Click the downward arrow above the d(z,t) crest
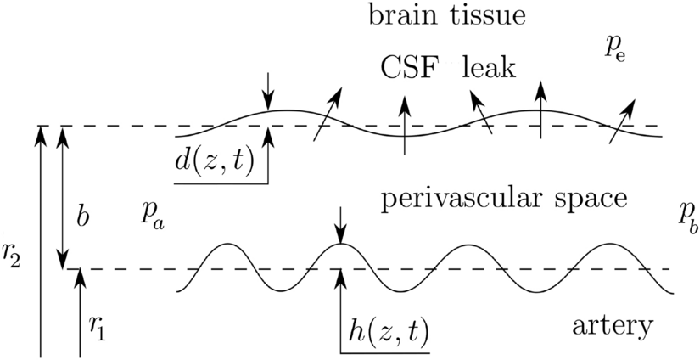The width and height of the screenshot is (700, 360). (x=269, y=90)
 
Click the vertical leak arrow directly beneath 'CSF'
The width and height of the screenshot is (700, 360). (x=404, y=122)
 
